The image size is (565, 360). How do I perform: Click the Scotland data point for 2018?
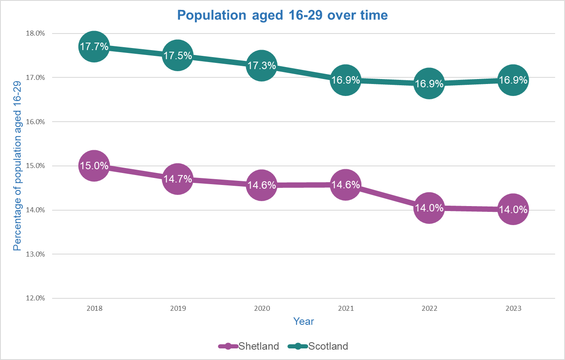[94, 47]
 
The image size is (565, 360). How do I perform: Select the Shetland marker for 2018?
[94, 166]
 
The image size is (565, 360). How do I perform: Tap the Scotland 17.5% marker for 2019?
[177, 55]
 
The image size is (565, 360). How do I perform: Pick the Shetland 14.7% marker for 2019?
[177, 179]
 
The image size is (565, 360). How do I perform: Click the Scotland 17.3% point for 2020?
[261, 65]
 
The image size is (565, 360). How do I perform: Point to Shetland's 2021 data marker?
[345, 185]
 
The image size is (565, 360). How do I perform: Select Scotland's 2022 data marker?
[429, 83]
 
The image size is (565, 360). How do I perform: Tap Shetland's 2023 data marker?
[512, 209]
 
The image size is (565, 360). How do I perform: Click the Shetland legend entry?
[249, 346]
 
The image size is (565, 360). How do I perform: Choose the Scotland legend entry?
[318, 346]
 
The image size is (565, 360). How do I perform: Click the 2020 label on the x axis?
[261, 309]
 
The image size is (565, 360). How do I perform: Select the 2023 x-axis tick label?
[512, 309]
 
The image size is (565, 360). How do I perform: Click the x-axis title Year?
[304, 321]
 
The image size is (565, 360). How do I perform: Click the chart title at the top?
[282, 15]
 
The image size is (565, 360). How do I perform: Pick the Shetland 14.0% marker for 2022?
[429, 208]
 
